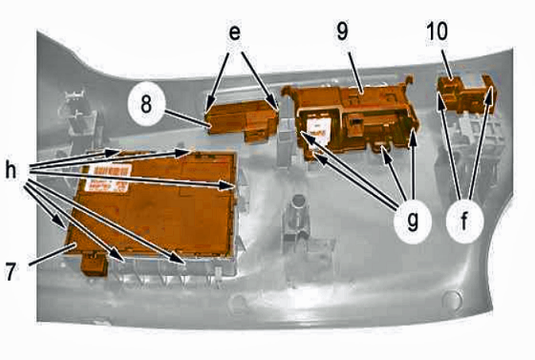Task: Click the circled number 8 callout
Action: (x=146, y=103)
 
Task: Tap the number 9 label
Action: (x=342, y=32)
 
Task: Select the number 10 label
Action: (x=437, y=31)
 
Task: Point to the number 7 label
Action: (x=11, y=272)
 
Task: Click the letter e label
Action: (x=234, y=33)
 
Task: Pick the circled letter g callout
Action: (x=413, y=222)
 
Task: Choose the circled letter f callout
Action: (x=464, y=222)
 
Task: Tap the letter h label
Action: (x=11, y=170)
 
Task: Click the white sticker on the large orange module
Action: (x=108, y=178)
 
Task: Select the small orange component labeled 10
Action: (x=466, y=95)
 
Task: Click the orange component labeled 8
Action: (x=244, y=121)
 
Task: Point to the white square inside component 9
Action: (x=318, y=130)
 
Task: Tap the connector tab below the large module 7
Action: (x=95, y=265)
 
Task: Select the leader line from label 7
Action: (x=53, y=254)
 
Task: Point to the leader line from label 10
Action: (x=447, y=64)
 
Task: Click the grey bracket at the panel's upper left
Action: (x=79, y=115)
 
